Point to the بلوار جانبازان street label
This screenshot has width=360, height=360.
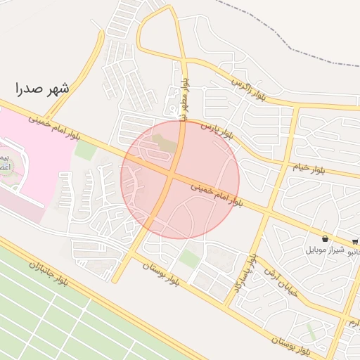tap(49, 275)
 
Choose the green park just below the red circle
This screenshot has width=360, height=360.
tap(188, 257)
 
